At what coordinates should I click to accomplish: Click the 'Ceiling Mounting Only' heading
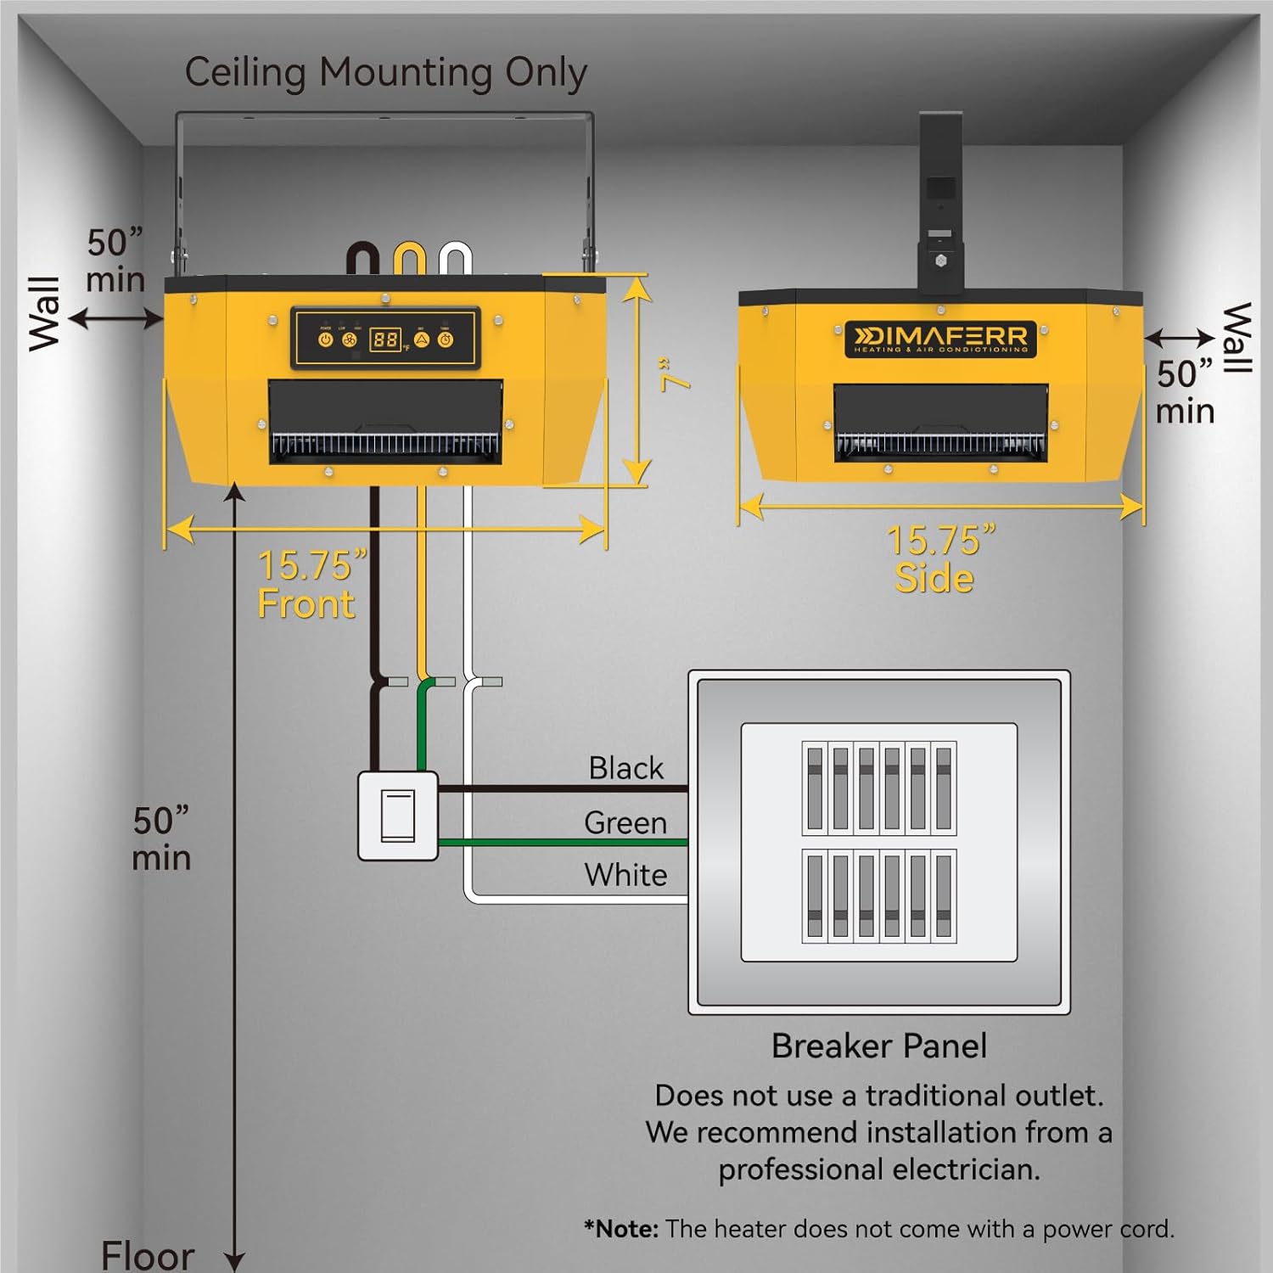point(385,73)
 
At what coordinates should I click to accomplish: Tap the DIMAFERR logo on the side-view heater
point(940,339)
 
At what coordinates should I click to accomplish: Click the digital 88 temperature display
point(384,339)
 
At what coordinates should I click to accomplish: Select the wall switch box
point(397,816)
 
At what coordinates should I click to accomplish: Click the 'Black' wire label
point(625,768)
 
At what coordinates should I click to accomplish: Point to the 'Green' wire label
point(625,822)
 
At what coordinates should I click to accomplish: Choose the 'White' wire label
point(625,875)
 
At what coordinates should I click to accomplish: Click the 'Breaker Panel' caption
point(878,1046)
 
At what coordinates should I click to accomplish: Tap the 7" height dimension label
point(675,374)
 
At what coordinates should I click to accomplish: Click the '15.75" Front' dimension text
point(310,584)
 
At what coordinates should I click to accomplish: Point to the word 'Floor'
point(148,1255)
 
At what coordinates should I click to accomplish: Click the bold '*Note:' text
point(621,1229)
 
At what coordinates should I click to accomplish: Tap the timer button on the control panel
point(446,339)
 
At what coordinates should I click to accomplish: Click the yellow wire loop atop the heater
point(409,258)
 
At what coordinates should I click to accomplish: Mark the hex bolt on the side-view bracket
point(940,261)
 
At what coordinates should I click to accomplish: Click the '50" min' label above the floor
point(161,838)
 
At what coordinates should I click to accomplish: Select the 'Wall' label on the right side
point(1236,337)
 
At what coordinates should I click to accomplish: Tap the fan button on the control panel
point(349,339)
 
